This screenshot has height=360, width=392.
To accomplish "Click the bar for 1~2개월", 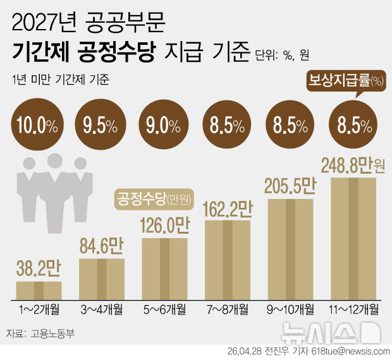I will point(39,290).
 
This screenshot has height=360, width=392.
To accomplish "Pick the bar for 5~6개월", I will point(165,268).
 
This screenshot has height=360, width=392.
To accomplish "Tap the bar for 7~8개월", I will point(228,258).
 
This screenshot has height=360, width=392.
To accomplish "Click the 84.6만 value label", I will point(101,246).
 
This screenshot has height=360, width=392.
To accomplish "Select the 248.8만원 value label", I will point(353,165).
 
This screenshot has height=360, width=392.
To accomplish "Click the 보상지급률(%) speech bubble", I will point(346,81).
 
